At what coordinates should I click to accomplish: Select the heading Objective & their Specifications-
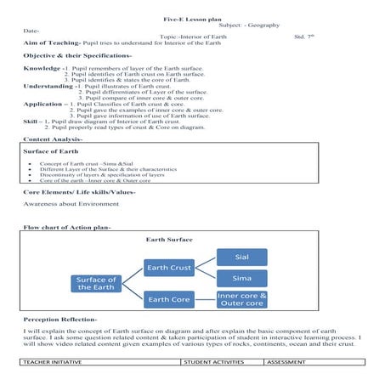(x=77, y=55)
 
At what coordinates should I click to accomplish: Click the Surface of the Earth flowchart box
(x=96, y=283)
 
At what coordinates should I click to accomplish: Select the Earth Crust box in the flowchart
(x=169, y=269)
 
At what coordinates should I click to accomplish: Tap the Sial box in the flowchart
(x=242, y=257)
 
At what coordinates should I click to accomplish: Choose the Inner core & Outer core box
(x=242, y=299)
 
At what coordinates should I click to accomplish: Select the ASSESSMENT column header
(x=289, y=362)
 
